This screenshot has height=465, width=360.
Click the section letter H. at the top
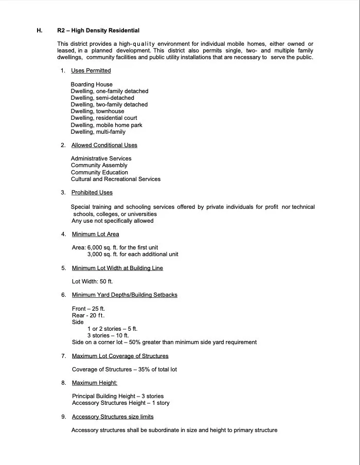coord(40,30)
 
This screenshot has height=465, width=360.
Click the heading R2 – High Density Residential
coord(98,30)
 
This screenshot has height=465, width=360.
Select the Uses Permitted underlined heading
coord(91,70)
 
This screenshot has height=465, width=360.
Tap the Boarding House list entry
coord(92,84)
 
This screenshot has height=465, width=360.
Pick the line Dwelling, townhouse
coord(97,111)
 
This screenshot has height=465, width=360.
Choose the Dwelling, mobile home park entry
coord(106,125)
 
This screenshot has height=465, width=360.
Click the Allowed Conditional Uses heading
coord(104,145)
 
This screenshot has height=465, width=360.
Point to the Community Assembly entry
coord(99,166)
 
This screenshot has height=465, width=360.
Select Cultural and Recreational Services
coord(116,179)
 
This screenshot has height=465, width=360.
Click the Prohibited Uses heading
coord(92,192)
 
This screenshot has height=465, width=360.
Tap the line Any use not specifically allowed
coord(113,221)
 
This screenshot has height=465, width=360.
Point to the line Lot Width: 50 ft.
coord(92,281)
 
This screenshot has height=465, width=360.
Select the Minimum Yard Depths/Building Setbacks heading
coord(124,295)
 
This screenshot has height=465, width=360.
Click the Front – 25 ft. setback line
coord(88,309)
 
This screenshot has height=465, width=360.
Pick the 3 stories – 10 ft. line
coord(108,335)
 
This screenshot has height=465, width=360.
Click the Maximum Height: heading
coord(95,383)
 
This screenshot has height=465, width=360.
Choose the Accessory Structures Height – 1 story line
coord(120,403)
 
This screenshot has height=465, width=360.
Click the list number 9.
coord(63,417)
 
